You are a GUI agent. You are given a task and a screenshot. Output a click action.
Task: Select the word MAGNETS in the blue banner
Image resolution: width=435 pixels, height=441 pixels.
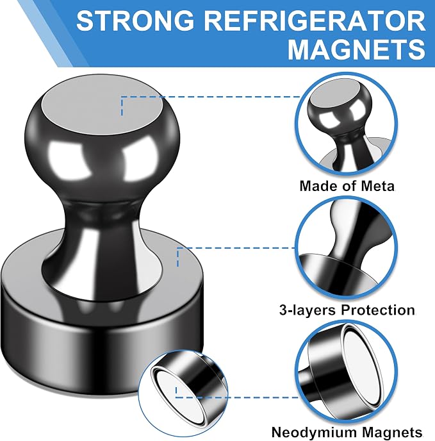click(x=357, y=49)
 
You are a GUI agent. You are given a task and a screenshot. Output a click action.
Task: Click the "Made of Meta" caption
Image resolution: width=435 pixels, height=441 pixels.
click(x=347, y=186)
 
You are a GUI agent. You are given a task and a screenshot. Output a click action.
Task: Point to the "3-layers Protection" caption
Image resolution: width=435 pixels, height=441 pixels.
click(x=347, y=310)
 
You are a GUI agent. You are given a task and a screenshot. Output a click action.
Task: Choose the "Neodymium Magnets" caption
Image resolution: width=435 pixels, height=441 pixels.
click(x=347, y=432)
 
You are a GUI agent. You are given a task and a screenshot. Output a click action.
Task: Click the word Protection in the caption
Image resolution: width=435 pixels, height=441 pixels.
click(x=378, y=310)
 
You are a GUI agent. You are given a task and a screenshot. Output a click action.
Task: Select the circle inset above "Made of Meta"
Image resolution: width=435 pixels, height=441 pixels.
click(x=347, y=123)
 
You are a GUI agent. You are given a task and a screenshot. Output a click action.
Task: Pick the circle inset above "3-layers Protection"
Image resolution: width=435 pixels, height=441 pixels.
click(x=347, y=248)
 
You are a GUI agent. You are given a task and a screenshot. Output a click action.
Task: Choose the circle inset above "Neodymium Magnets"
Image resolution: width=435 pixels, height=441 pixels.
click(x=347, y=371)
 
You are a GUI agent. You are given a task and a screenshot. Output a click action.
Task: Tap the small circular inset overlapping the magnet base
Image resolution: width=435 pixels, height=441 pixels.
click(x=183, y=394)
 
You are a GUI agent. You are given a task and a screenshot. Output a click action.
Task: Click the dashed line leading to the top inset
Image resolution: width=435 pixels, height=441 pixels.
click(x=211, y=97)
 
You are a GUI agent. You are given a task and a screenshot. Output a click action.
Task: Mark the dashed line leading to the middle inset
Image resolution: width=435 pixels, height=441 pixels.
click(x=236, y=248)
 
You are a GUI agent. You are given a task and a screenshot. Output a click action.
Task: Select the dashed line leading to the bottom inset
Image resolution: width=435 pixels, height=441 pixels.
click(x=238, y=397)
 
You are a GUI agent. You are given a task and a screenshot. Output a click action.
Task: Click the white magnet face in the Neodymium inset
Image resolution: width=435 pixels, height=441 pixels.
click(x=363, y=369)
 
